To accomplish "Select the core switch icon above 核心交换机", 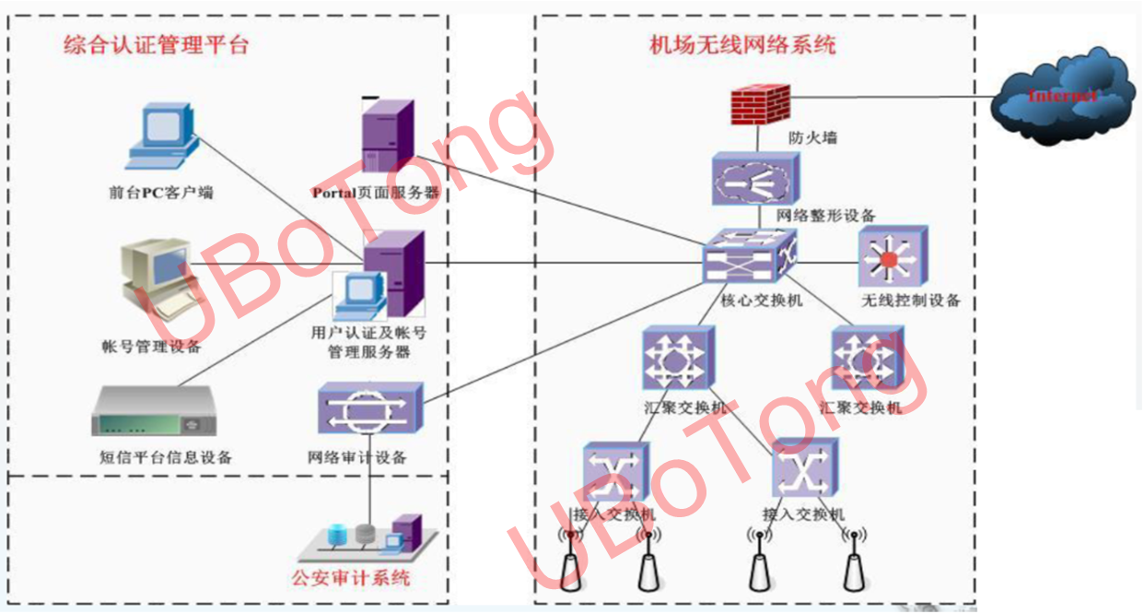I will pyautogui.click(x=748, y=257).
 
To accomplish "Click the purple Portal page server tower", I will pyautogui.click(x=386, y=137).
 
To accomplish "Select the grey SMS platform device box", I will pyautogui.click(x=156, y=413).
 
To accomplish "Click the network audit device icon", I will pyautogui.click(x=370, y=409).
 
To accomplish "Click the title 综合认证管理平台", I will pyautogui.click(x=157, y=44).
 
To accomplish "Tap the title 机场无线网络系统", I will pyautogui.click(x=742, y=43).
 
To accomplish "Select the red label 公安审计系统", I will pyautogui.click(x=350, y=578).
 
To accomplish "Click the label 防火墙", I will pyautogui.click(x=813, y=137).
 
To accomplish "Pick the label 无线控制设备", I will pyautogui.click(x=911, y=301).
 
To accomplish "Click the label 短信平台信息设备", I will pyautogui.click(x=166, y=457).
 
